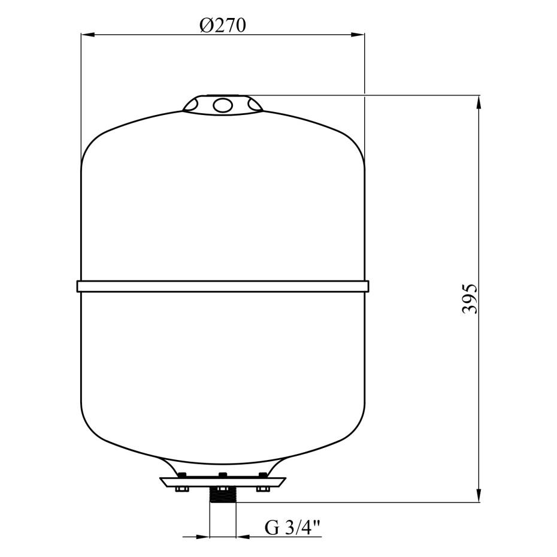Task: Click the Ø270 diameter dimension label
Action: (x=223, y=26)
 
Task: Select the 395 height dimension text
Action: (x=470, y=298)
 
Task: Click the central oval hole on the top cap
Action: (x=223, y=105)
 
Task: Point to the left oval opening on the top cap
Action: (x=192, y=105)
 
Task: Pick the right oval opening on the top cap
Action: (x=255, y=105)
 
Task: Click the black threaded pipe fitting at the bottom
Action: (x=223, y=495)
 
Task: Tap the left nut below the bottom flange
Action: (x=183, y=489)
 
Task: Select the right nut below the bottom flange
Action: (x=263, y=489)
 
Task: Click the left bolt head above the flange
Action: (x=182, y=475)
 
